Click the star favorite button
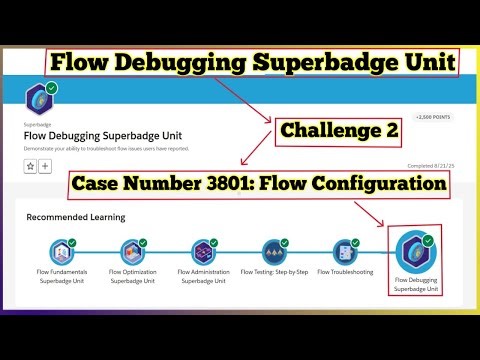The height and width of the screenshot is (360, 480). coord(31,166)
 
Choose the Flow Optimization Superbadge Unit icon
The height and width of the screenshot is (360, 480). coord(134,252)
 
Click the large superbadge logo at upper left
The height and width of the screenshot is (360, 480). coord(41,101)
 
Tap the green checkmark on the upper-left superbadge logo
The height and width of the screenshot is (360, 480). coord(52,89)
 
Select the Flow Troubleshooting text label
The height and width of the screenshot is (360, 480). coord(345,271)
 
